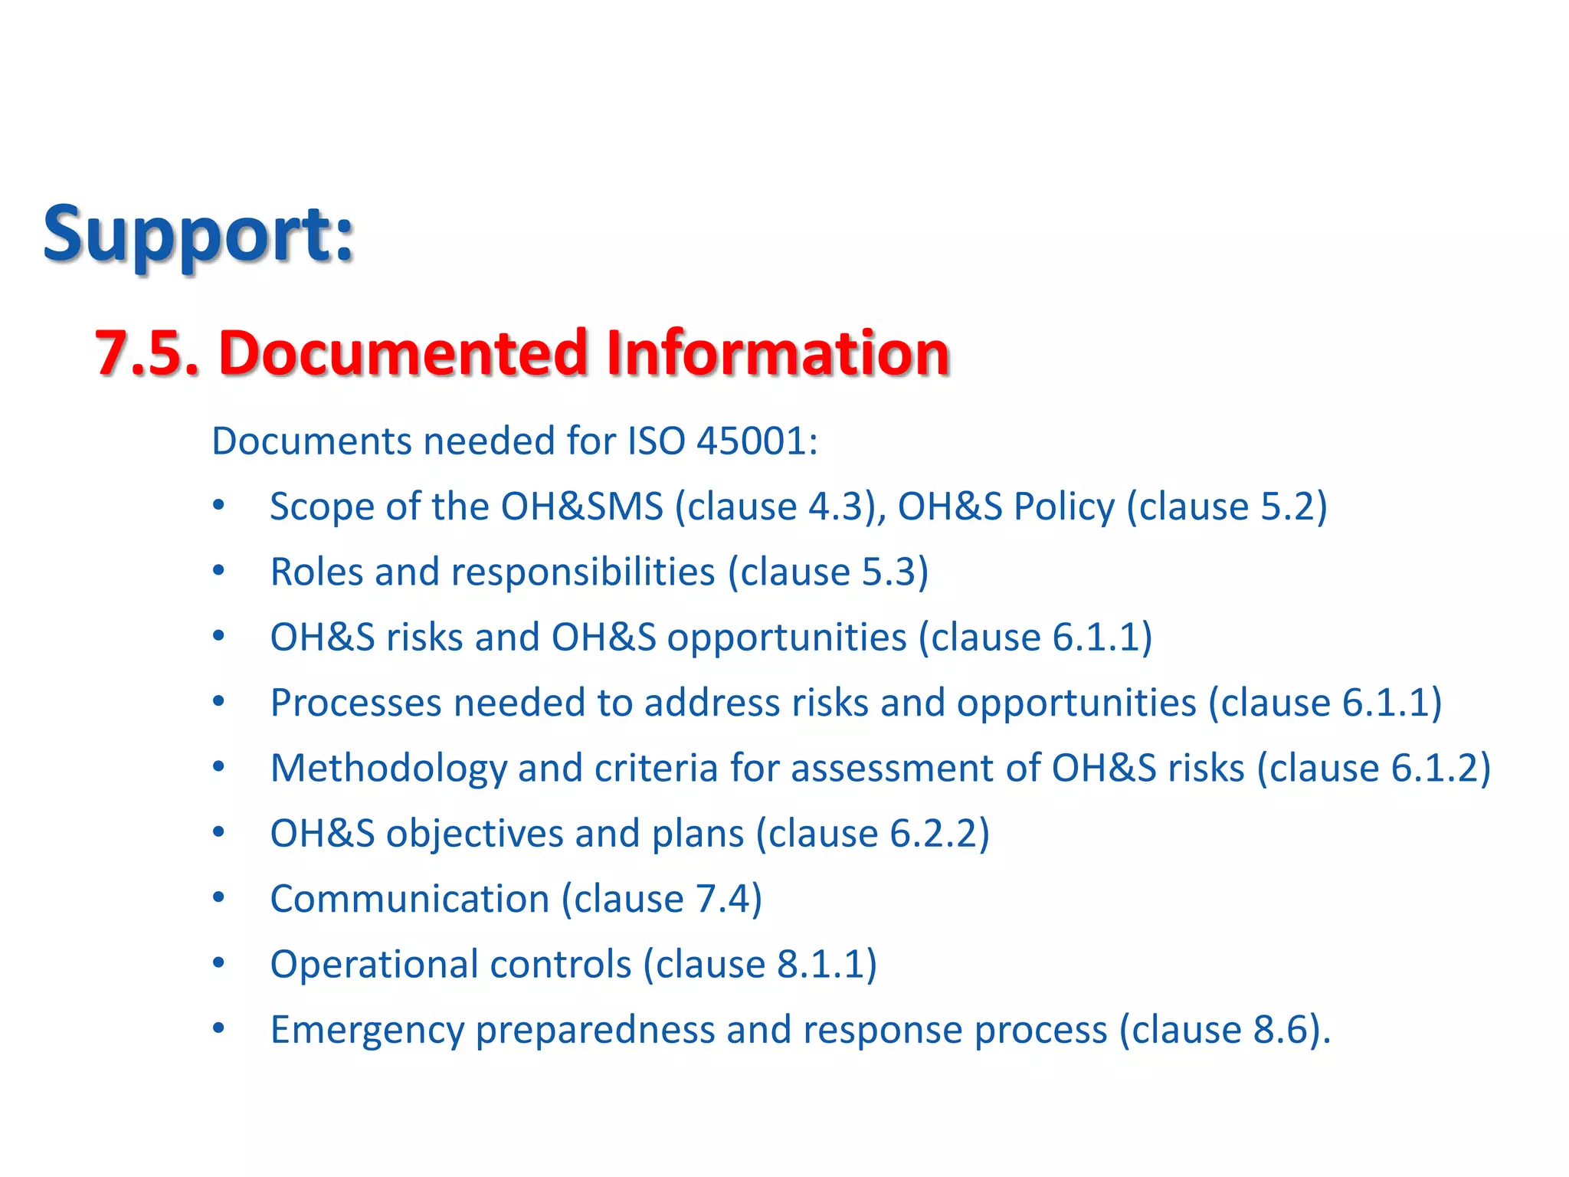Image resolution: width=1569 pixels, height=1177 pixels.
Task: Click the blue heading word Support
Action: (x=198, y=234)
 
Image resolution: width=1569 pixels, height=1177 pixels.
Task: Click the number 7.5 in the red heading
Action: (x=146, y=353)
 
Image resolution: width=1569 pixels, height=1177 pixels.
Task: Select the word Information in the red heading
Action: (x=777, y=353)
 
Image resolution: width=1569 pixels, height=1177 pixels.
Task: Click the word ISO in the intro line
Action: (x=656, y=441)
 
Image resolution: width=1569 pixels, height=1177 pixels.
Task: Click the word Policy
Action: (x=1064, y=507)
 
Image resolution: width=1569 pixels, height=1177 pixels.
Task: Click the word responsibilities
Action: (x=583, y=572)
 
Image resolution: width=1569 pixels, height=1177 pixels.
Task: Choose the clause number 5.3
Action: (x=889, y=572)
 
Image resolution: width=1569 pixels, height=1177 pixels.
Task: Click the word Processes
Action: (x=355, y=703)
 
